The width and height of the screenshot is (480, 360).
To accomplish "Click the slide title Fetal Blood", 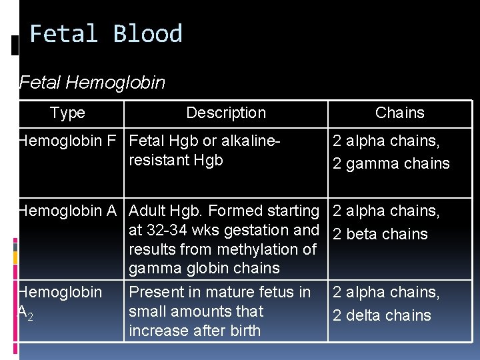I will [x=106, y=34].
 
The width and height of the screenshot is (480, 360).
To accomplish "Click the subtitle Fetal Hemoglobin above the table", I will [x=93, y=83].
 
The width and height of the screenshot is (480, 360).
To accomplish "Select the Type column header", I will [x=67, y=113].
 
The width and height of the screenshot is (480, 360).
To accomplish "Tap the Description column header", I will [x=226, y=113].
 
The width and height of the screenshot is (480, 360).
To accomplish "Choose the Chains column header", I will [x=400, y=113].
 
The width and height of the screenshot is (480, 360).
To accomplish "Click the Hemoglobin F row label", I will [x=67, y=141].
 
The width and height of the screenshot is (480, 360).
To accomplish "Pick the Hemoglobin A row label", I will [x=67, y=211].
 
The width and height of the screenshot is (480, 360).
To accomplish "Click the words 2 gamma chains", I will [x=391, y=163].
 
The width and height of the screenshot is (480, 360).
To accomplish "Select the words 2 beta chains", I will [x=380, y=234].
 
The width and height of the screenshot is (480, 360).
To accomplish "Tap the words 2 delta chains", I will [x=382, y=315].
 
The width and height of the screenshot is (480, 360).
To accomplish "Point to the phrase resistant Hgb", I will [x=176, y=160].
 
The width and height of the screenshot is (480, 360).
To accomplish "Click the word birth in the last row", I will [x=242, y=331].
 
